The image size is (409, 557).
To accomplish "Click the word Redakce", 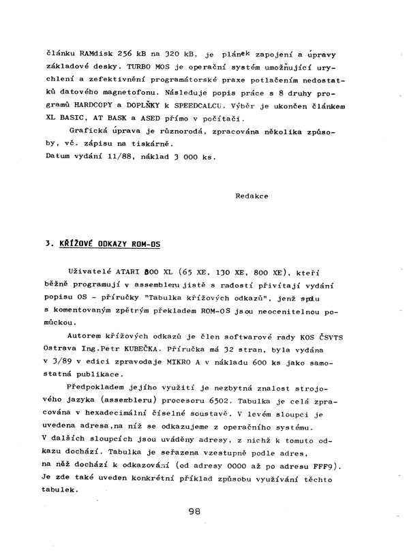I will pyautogui.click(x=252, y=196).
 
